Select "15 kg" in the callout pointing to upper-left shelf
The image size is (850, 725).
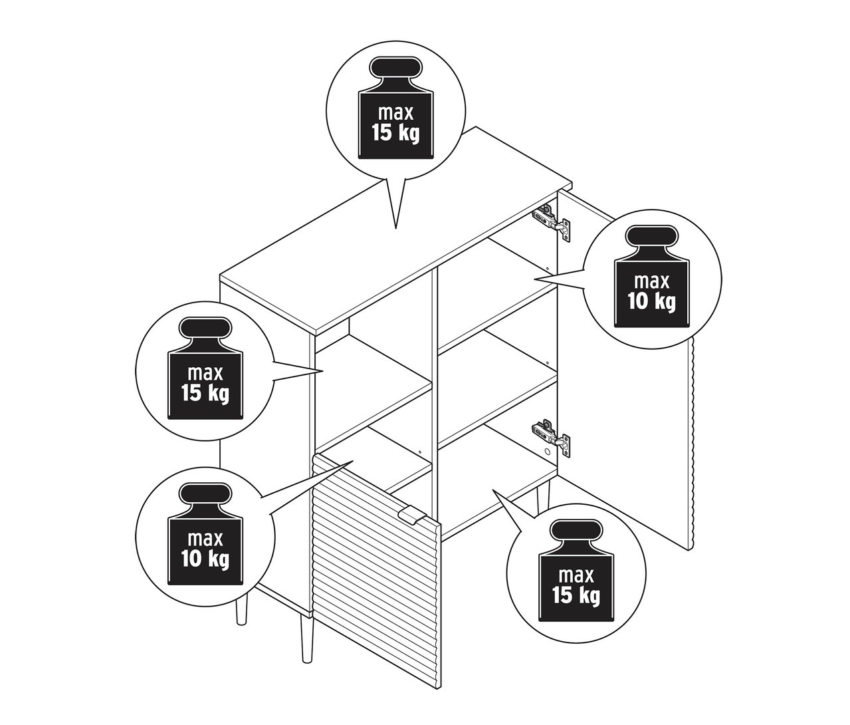pyautogui.click(x=204, y=392)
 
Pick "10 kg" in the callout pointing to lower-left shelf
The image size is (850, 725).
pyautogui.click(x=204, y=559)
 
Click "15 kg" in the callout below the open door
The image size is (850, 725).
pyautogui.click(x=576, y=594)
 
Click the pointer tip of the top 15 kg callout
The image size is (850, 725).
pyautogui.click(x=396, y=228)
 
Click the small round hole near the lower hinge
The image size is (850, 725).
pyautogui.click(x=548, y=451)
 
